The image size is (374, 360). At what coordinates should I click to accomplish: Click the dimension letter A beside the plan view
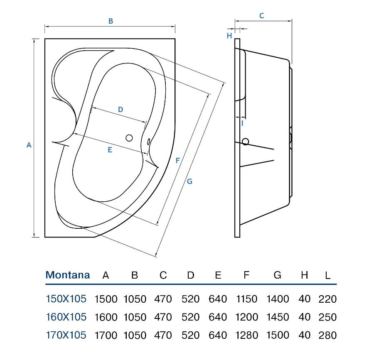(29, 145)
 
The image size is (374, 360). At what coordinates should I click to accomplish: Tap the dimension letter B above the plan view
(111, 21)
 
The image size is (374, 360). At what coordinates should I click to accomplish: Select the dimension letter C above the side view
(262, 16)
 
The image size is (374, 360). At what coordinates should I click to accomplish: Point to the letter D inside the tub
(121, 110)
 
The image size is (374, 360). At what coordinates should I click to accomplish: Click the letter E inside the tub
(110, 150)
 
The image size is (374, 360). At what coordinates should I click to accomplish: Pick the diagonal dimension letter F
(177, 160)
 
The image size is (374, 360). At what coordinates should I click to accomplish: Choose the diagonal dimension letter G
(189, 181)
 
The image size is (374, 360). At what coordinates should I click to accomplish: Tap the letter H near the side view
(229, 36)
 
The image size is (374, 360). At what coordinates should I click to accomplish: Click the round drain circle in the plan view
(129, 138)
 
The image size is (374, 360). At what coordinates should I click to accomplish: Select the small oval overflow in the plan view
(148, 142)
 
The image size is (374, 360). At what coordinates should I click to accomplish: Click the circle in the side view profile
(245, 142)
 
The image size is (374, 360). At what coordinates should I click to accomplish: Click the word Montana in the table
(67, 275)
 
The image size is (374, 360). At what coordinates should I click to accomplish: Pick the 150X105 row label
(66, 299)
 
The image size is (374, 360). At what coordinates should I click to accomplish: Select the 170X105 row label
(66, 335)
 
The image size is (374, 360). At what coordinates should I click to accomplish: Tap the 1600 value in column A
(106, 317)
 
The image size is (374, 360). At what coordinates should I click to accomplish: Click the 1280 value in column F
(246, 335)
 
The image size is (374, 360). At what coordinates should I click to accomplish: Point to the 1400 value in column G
(278, 299)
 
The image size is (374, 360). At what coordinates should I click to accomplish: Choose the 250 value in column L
(327, 317)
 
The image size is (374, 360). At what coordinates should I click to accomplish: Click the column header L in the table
(328, 276)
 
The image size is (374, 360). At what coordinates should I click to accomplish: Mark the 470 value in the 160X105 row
(163, 317)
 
